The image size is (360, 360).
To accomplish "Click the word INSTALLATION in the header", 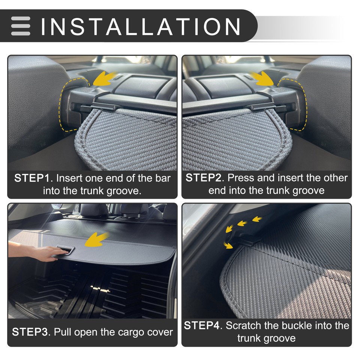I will pos(141,26).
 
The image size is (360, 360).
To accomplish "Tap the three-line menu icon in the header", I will pos(21,26).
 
